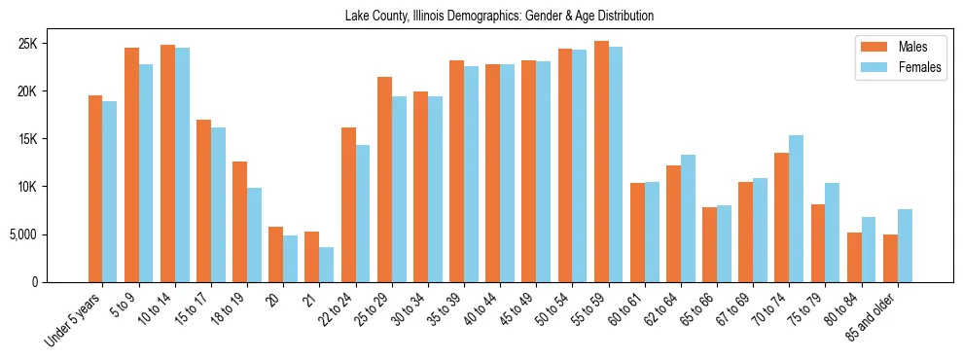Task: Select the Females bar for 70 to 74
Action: pyautogui.click(x=796, y=208)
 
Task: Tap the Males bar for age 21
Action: pyautogui.click(x=311, y=257)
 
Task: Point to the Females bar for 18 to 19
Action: pyautogui.click(x=254, y=234)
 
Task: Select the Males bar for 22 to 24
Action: pyautogui.click(x=347, y=204)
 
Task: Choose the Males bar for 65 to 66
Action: pyautogui.click(x=709, y=244)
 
